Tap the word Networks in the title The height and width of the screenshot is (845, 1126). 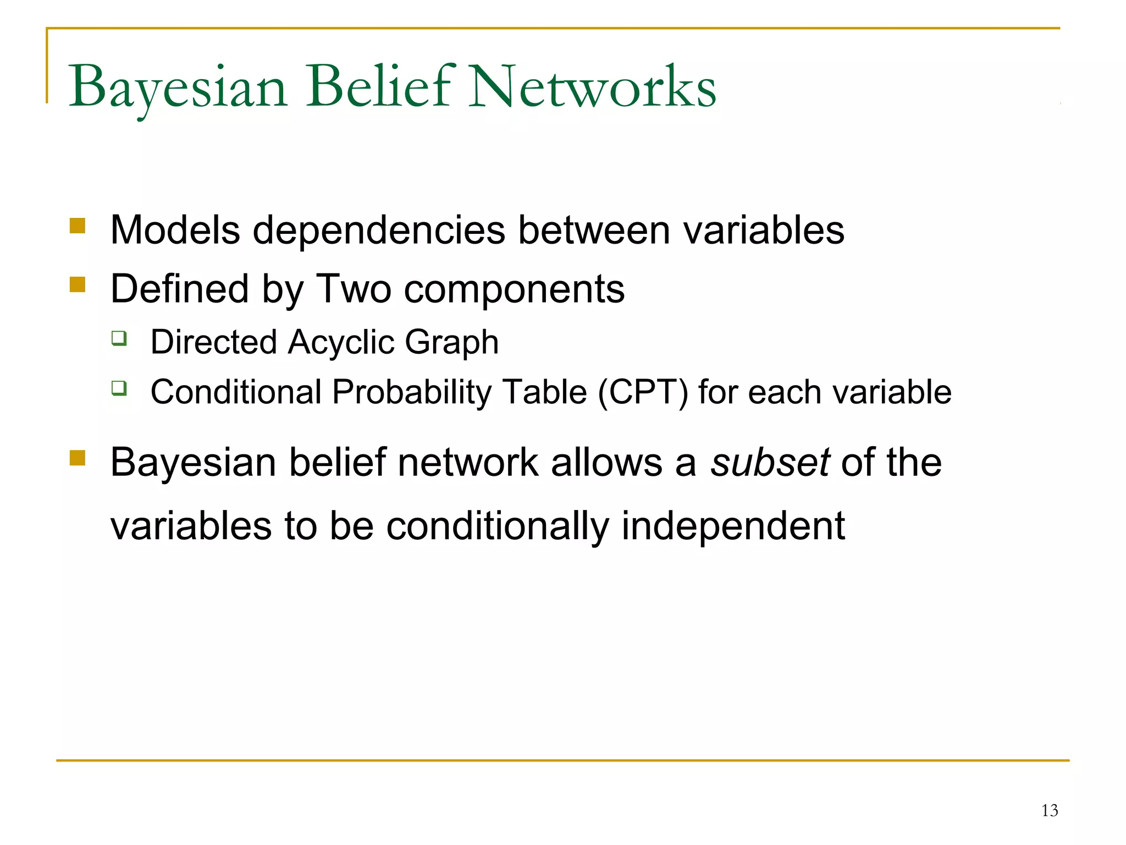point(593,86)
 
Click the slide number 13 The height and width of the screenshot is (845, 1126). point(1049,810)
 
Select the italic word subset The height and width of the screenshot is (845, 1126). point(770,462)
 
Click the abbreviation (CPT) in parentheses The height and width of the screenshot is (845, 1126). point(643,392)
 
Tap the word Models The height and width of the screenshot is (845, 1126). point(175,230)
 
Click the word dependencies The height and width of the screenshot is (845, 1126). point(379,230)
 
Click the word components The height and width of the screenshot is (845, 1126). point(514,290)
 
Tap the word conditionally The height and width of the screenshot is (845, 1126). point(498,526)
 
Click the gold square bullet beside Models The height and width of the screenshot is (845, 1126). point(78,226)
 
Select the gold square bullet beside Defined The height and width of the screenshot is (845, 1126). point(78,284)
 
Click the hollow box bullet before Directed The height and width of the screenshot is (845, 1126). point(119,338)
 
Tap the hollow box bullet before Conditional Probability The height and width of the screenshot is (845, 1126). point(119,388)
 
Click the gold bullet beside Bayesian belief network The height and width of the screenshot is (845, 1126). point(78,458)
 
